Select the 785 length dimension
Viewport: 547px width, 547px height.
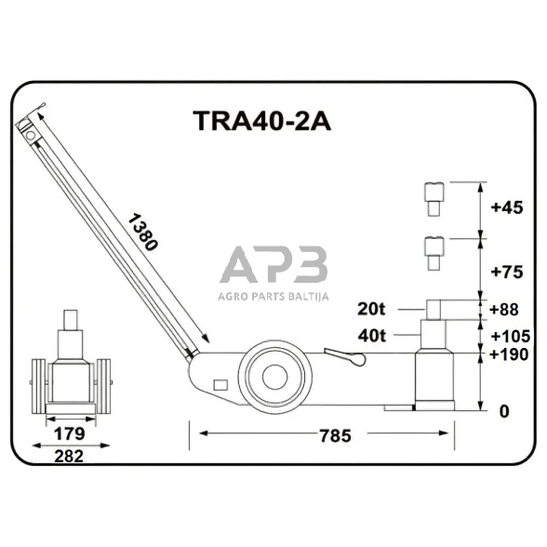tap(321, 434)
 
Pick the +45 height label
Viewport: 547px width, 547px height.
tap(505, 208)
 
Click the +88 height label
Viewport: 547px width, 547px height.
tap(505, 310)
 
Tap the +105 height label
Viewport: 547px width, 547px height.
tap(509, 335)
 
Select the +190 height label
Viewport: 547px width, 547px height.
tap(509, 354)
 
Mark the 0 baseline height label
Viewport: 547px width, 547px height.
tap(504, 410)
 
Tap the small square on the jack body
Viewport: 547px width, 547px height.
tap(220, 384)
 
